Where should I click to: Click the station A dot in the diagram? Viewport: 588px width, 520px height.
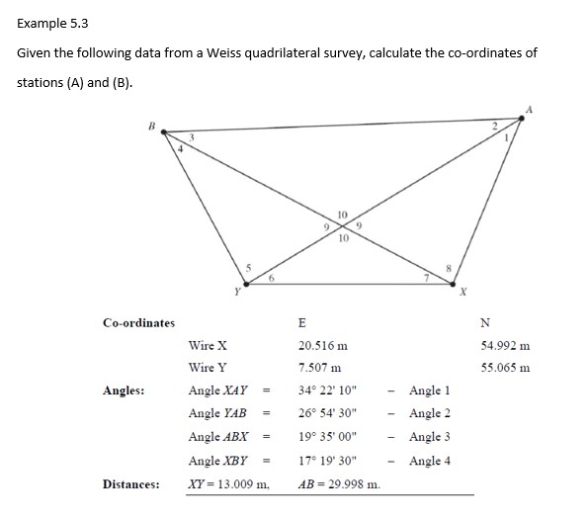coord(523,119)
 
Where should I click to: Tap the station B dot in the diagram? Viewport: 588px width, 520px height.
coord(164,130)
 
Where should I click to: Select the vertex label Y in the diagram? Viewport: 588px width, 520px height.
coord(236,291)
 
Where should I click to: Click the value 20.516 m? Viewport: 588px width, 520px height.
coord(322,346)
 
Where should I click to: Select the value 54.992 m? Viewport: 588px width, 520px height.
coord(505,346)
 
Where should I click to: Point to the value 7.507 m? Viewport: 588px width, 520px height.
coord(318,368)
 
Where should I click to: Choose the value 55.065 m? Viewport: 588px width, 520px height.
coord(505,368)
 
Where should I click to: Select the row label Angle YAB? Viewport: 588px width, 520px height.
coord(217,413)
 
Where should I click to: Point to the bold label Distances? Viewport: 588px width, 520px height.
coord(131,483)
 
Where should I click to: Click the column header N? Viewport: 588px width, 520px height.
coord(484,322)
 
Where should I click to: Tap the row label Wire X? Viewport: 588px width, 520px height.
coord(208,346)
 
